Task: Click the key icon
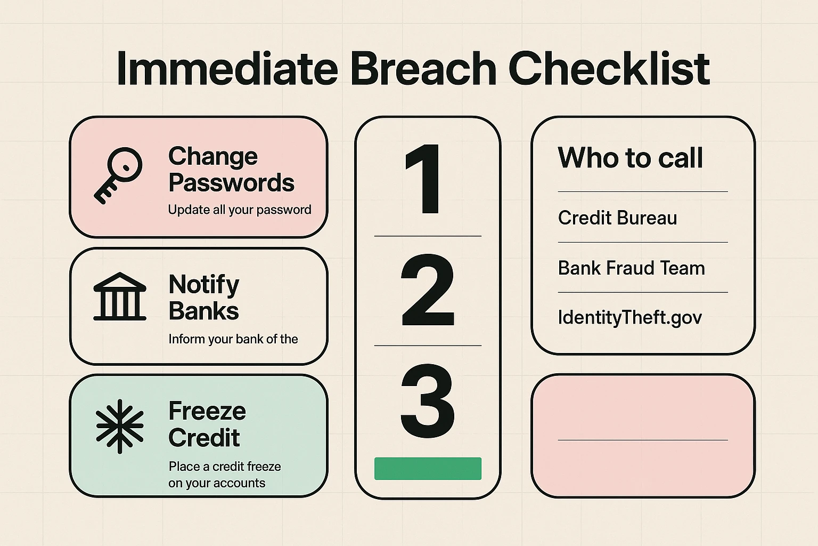[118, 174]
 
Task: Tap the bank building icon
[120, 297]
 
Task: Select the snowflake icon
[120, 426]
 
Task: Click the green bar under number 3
[428, 469]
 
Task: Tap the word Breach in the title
[423, 69]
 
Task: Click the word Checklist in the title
[609, 69]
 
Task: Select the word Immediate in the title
[227, 69]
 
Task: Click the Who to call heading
[631, 158]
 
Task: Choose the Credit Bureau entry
[617, 218]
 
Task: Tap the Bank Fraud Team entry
[631, 268]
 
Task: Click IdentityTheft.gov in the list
[629, 318]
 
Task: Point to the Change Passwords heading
[231, 170]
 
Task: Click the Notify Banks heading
[204, 298]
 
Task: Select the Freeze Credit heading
[207, 424]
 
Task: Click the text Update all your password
[240, 210]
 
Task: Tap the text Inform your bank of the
[233, 339]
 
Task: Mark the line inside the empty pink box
[643, 440]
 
